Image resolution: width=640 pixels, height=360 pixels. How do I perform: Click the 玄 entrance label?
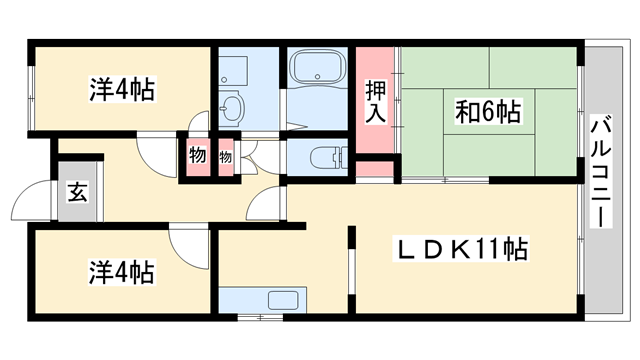(77, 192)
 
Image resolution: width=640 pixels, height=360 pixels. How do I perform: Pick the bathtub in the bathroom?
(315, 70)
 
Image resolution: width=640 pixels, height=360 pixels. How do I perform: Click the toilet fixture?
(321, 158)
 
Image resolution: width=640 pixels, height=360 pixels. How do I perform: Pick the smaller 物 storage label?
(225, 157)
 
